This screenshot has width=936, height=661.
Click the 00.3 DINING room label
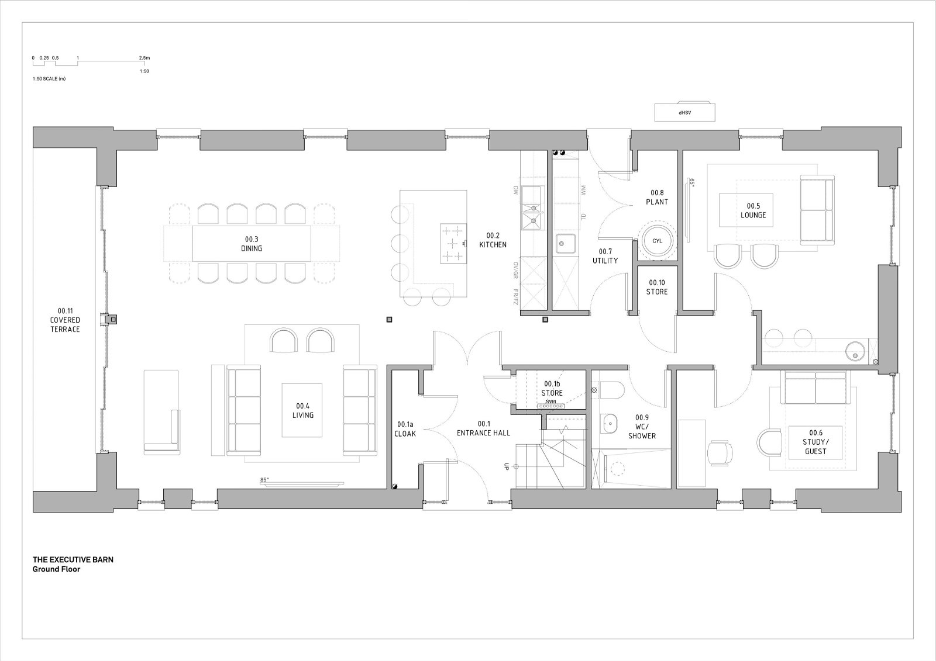pos(252,244)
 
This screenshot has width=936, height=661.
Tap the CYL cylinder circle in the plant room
pos(658,241)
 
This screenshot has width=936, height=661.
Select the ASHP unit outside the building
pos(685,112)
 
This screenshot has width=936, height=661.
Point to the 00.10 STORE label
pos(657,288)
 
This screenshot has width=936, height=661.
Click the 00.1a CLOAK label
pos(405,429)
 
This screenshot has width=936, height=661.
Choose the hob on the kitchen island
pos(453,244)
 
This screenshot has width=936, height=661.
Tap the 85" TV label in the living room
pos(264,480)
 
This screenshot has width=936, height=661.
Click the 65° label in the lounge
pos(692,182)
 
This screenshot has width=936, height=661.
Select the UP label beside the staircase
pos(507,466)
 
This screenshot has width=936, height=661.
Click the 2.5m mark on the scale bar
pos(144,58)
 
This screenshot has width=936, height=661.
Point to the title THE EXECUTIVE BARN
pos(73,559)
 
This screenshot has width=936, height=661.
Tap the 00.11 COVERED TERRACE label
pos(65,320)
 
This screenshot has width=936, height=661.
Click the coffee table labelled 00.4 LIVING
pos(302,410)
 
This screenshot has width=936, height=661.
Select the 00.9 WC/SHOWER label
pos(642,426)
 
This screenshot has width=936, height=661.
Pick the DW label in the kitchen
pos(515,191)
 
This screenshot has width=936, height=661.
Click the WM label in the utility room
pos(583,190)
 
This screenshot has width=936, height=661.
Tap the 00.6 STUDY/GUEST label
pos(815,442)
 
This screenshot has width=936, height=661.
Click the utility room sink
pos(565,244)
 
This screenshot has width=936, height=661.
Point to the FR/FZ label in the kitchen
pos(515,296)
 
